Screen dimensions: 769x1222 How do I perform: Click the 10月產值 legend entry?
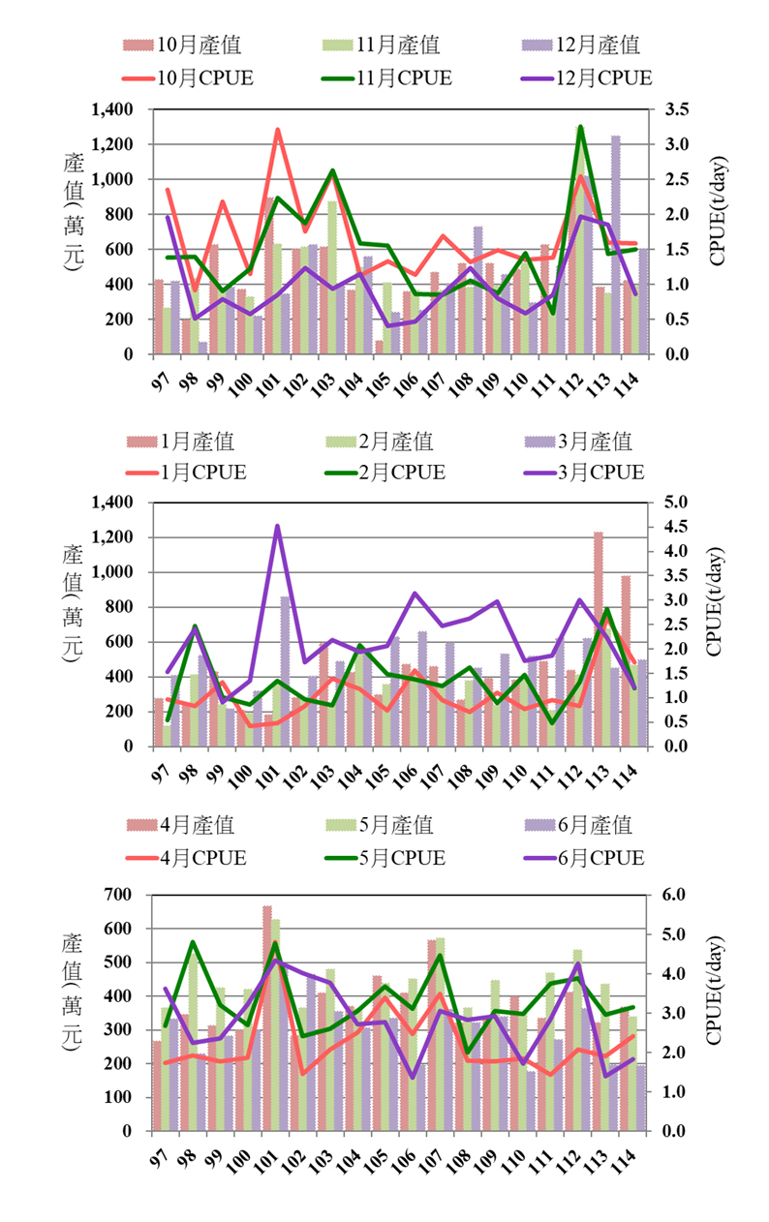pyautogui.click(x=182, y=45)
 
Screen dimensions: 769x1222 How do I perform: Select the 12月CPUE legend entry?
pyautogui.click(x=587, y=78)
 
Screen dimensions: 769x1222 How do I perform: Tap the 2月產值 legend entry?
pyautogui.click(x=380, y=442)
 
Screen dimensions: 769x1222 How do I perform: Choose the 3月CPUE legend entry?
pyautogui.click(x=584, y=473)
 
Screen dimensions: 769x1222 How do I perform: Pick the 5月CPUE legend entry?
pyautogui.click(x=384, y=858)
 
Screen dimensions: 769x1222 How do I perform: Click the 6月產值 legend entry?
pyautogui.click(x=578, y=825)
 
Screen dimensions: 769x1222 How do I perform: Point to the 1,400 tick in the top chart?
pyautogui.click(x=112, y=109)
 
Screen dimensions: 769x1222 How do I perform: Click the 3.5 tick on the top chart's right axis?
pyautogui.click(x=677, y=109)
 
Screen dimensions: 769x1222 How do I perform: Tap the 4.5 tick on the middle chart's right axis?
pyautogui.click(x=676, y=527)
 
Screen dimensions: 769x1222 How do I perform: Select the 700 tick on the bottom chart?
pyautogui.click(x=118, y=895)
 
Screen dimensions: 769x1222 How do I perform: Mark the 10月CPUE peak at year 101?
pyautogui.click(x=277, y=130)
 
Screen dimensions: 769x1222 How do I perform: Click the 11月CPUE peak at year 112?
pyautogui.click(x=581, y=127)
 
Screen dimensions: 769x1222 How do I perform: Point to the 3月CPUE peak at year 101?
pyautogui.click(x=277, y=526)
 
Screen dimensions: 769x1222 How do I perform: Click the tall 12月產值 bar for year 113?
pyautogui.click(x=616, y=245)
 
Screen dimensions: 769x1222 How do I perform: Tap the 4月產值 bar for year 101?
pyautogui.click(x=267, y=1018)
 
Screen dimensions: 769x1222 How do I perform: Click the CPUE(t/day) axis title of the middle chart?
pyautogui.click(x=714, y=601)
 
